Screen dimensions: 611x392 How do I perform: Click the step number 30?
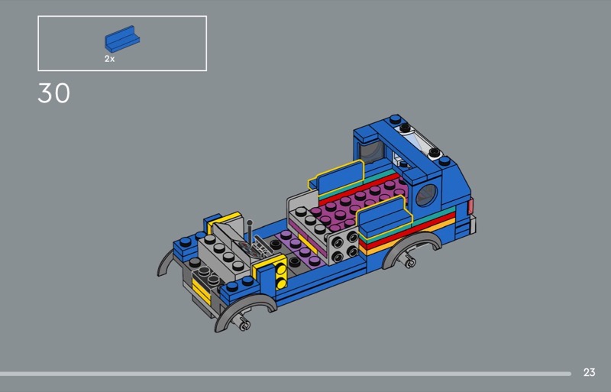click(x=53, y=93)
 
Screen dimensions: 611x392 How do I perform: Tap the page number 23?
click(x=589, y=372)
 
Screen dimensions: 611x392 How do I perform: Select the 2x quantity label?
click(x=109, y=59)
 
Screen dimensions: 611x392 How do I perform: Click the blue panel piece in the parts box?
click(x=122, y=39)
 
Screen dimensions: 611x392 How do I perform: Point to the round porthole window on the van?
click(x=426, y=195)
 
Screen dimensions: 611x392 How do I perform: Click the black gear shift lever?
click(x=251, y=233)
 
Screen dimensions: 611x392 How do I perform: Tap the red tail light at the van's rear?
click(x=470, y=206)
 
